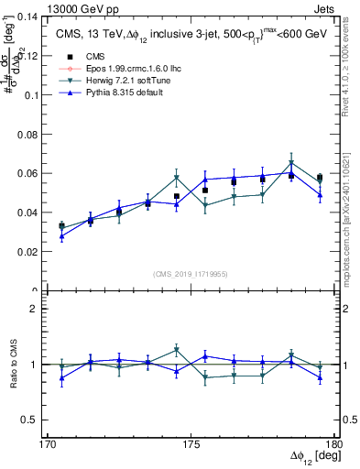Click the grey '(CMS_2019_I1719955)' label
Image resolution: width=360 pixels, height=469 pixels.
pyautogui.click(x=191, y=273)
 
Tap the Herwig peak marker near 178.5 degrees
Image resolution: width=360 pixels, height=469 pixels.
pyautogui.click(x=291, y=164)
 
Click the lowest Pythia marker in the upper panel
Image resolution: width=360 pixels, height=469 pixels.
pyautogui.click(x=62, y=236)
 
